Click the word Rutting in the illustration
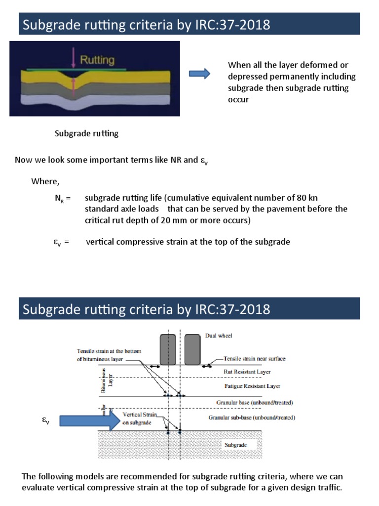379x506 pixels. pyautogui.click(x=97, y=61)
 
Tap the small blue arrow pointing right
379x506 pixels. pyautogui.click(x=199, y=74)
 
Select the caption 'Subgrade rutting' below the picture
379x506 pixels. pyautogui.click(x=86, y=133)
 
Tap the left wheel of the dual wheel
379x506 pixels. pyautogui.click(x=168, y=349)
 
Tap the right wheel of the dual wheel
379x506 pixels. pyautogui.click(x=192, y=349)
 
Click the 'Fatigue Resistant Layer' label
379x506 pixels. pyautogui.click(x=252, y=386)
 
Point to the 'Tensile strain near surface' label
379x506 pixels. pyautogui.click(x=255, y=359)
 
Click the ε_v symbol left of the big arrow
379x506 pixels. pyautogui.click(x=46, y=421)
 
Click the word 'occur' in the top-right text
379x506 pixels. pyautogui.click(x=238, y=99)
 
